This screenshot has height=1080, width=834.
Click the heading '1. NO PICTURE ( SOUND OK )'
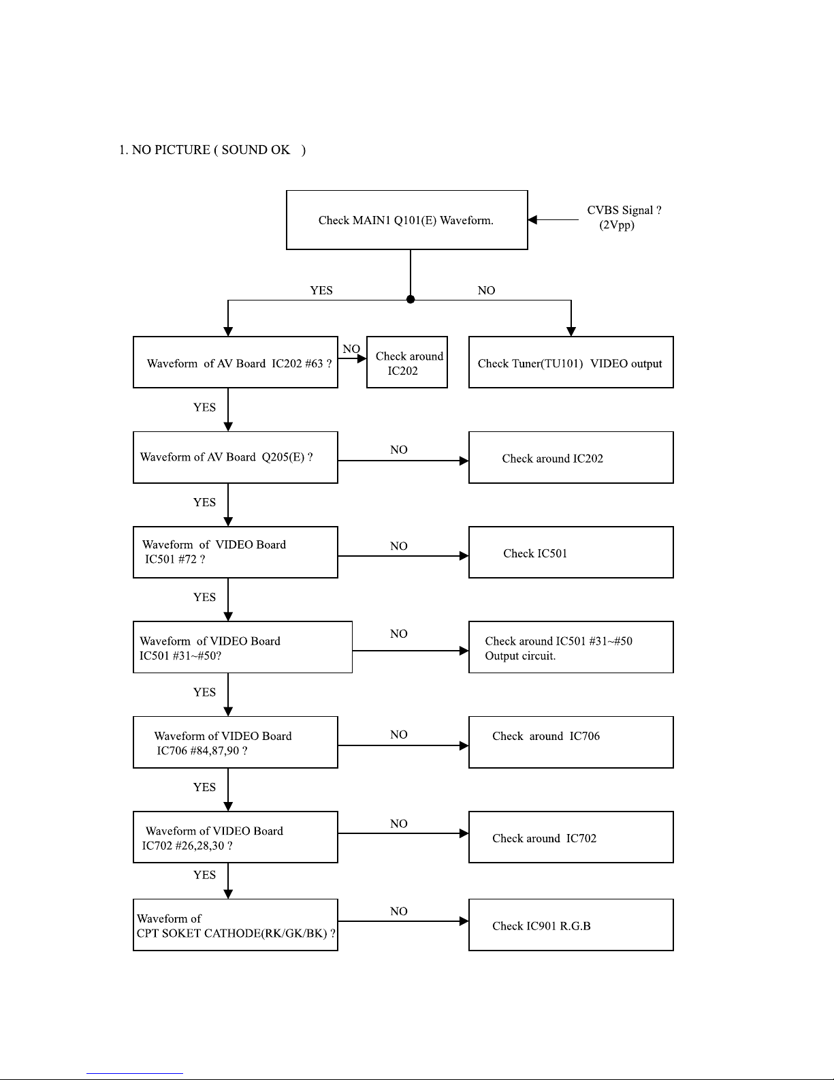tap(212, 150)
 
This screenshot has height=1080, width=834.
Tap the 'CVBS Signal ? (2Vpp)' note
tap(624, 217)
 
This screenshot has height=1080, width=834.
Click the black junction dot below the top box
tap(411, 299)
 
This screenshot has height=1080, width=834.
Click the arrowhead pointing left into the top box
tap(532, 219)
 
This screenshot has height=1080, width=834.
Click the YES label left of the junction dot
tap(321, 290)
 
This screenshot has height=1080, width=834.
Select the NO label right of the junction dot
tap(486, 290)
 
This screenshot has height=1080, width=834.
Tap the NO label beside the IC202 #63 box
tap(351, 349)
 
